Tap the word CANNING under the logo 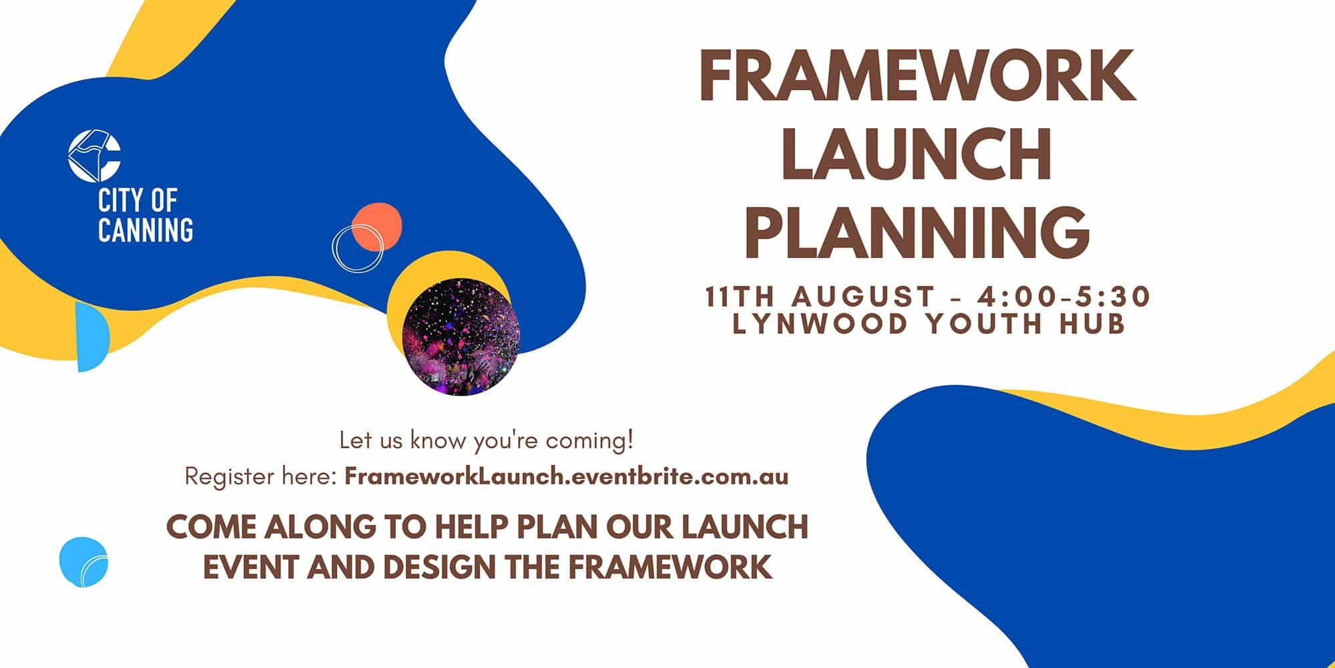146,229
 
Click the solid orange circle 377,227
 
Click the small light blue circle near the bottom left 83,562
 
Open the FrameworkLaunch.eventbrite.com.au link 567,477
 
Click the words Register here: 260,478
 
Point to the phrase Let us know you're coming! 487,441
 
